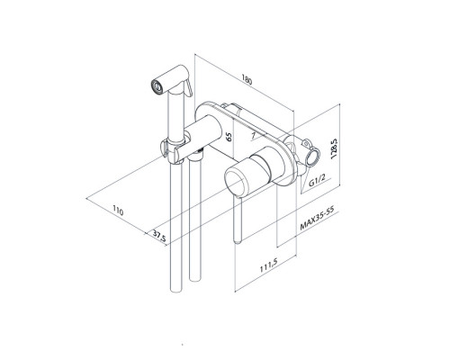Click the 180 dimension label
click(247, 81)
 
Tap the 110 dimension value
click(118, 211)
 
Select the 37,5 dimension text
click(159, 235)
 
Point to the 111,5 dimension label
click(269, 265)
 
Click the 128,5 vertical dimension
click(335, 148)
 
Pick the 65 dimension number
click(229, 137)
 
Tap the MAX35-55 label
click(318, 218)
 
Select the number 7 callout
click(254, 136)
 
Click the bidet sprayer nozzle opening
click(157, 85)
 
